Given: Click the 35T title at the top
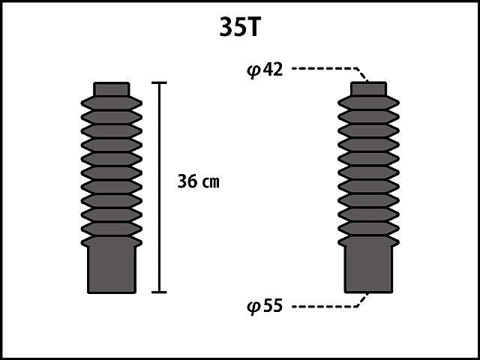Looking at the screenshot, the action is coord(240,27).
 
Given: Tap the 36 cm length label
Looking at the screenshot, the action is coord(198,181).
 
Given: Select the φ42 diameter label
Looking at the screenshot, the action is coord(265,70).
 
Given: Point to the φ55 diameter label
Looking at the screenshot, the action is coord(265,306).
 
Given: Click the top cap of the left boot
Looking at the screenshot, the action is coord(112,89).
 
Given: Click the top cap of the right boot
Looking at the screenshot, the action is coord(368,88).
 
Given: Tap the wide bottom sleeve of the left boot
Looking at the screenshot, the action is coord(112,269).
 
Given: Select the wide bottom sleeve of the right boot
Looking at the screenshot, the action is coord(368,269).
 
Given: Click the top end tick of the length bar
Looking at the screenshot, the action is coord(159,82).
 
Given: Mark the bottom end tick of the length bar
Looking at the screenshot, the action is coord(159,292).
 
